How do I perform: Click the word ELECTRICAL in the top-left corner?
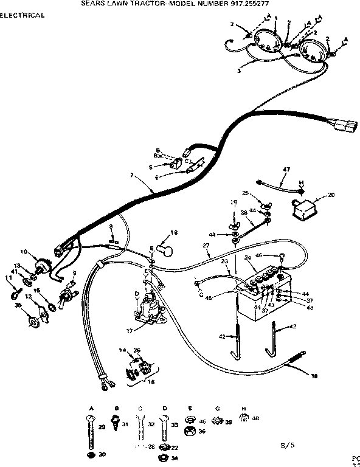(x=22, y=15)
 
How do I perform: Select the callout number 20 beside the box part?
(x=331, y=195)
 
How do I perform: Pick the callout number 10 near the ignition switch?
(x=24, y=252)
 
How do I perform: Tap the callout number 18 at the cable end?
(x=314, y=377)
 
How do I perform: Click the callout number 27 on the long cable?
(x=206, y=246)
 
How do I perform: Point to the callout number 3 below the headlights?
(x=239, y=71)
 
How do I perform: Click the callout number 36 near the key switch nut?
(x=18, y=305)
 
